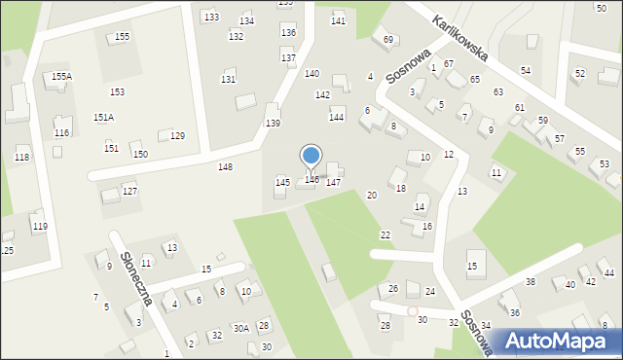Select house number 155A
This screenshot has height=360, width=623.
click(x=61, y=76)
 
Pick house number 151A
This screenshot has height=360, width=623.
click(x=103, y=117)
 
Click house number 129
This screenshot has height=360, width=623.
click(x=177, y=135)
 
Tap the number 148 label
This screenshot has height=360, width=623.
click(x=225, y=166)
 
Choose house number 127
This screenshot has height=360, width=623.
click(x=129, y=191)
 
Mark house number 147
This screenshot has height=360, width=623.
click(x=333, y=182)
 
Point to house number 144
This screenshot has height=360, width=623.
click(x=336, y=117)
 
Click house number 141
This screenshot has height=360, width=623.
click(x=338, y=20)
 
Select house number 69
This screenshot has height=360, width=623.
click(x=387, y=39)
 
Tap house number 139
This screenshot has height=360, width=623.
click(x=273, y=123)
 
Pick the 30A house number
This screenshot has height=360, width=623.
click(x=240, y=328)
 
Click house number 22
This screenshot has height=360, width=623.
click(x=385, y=235)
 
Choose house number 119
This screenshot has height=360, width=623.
click(x=39, y=226)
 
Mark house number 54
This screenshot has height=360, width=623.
click(x=525, y=71)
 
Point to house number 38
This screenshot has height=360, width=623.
click(x=531, y=281)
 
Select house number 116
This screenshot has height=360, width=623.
click(x=61, y=132)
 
